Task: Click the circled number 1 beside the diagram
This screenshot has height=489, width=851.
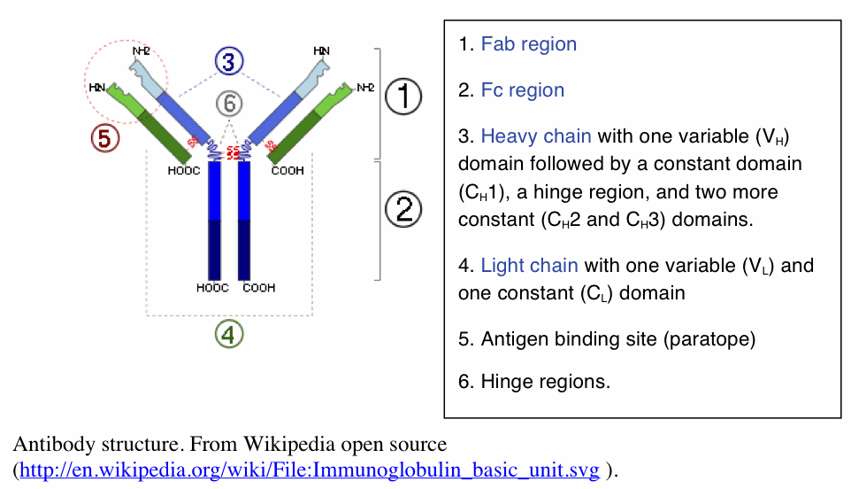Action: (x=404, y=96)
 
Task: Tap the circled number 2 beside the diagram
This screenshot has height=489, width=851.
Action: (x=404, y=210)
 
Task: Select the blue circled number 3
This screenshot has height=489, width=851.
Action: (x=228, y=61)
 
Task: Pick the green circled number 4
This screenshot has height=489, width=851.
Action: (x=229, y=334)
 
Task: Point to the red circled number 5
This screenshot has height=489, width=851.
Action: (x=104, y=138)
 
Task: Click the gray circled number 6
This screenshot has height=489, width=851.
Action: (x=229, y=104)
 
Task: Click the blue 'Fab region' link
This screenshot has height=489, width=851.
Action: (x=528, y=44)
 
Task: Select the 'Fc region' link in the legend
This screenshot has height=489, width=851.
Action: (x=522, y=90)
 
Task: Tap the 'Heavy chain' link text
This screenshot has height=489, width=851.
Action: (x=536, y=136)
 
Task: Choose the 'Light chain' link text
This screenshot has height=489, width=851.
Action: (x=529, y=266)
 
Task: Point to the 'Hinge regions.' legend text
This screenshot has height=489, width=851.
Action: (x=545, y=383)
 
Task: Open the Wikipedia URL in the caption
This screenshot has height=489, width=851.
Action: (x=309, y=470)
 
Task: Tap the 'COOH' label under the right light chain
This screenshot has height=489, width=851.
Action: (x=287, y=172)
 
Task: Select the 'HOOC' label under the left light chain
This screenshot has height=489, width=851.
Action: (x=184, y=172)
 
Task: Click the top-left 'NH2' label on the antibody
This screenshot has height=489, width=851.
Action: (x=142, y=51)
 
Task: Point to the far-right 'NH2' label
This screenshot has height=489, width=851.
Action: (x=366, y=87)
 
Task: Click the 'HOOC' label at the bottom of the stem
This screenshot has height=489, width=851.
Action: (x=212, y=288)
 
